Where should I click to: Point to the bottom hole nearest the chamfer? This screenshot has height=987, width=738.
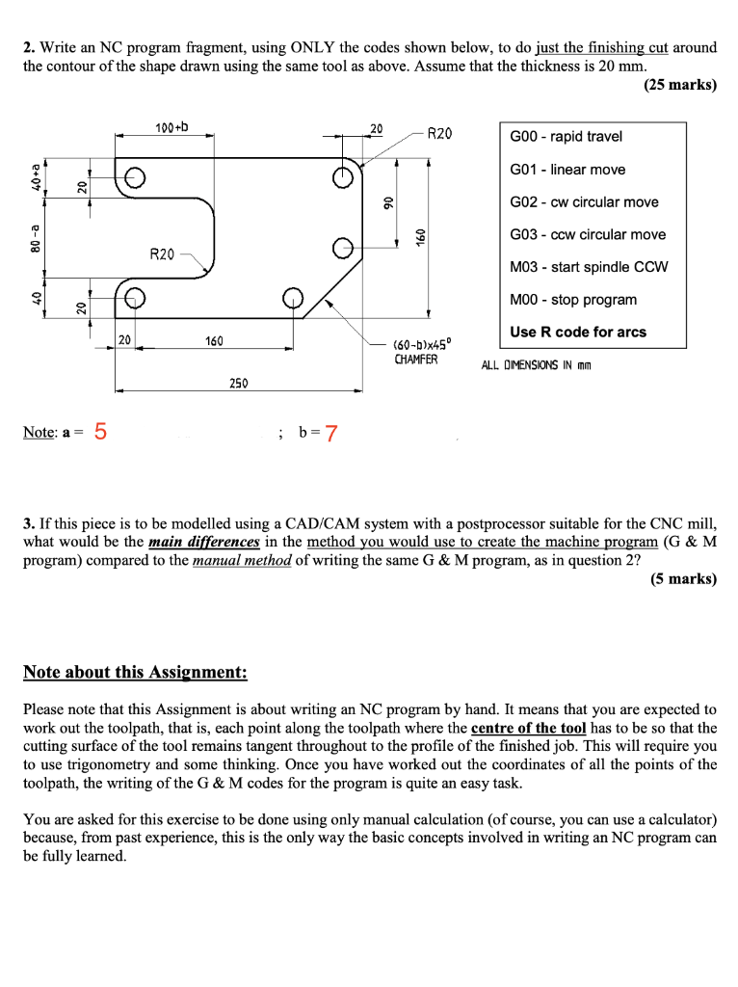[291, 297]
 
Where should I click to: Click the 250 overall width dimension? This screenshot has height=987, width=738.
[238, 383]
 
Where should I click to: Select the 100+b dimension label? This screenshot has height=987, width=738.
[172, 126]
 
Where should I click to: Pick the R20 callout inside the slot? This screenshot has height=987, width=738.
[162, 254]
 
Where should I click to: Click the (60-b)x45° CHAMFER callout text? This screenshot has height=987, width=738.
[420, 352]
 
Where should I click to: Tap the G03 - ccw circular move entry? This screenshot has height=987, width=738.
[588, 235]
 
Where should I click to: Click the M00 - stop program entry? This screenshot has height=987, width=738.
[573, 300]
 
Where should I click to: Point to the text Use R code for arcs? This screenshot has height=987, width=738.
[578, 333]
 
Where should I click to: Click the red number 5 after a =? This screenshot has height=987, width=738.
[101, 432]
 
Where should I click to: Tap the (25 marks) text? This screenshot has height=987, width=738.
[680, 85]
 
